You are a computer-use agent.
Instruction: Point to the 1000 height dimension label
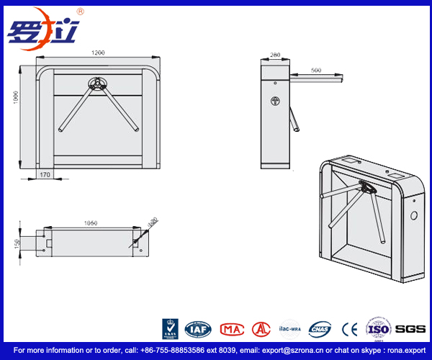(14, 97)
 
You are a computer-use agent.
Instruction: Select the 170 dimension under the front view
(45, 174)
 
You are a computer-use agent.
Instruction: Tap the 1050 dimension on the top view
(90, 223)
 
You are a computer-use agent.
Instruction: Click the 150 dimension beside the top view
(15, 243)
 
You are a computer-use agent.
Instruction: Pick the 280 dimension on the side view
(274, 55)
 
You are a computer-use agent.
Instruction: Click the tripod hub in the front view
(96, 83)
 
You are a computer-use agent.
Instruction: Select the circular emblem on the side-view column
(274, 102)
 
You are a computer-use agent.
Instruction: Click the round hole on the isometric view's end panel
(413, 215)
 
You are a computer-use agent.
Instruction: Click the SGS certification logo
(410, 329)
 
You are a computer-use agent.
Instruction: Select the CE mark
(350, 329)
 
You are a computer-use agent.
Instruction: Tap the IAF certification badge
(197, 329)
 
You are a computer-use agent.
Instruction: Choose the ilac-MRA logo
(289, 328)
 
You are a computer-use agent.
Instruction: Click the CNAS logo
(319, 329)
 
